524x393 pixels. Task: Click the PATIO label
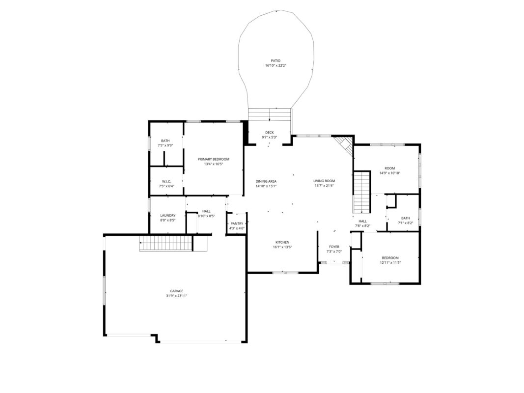click(276, 60)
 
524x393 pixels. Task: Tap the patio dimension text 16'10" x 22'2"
click(276, 65)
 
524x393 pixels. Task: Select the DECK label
click(269, 132)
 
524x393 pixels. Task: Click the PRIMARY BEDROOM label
click(214, 159)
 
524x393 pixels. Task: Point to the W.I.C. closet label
click(166, 181)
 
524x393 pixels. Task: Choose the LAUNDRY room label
click(167, 215)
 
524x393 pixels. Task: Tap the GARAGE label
click(176, 291)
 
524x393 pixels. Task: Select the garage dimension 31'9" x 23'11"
click(176, 296)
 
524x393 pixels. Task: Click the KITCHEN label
click(282, 242)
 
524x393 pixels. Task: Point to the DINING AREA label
click(266, 181)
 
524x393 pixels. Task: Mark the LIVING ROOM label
click(324, 181)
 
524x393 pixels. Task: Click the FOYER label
click(334, 247)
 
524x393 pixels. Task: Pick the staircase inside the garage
click(165, 243)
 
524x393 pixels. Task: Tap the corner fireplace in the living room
click(345, 144)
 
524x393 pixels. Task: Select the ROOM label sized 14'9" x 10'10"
click(389, 168)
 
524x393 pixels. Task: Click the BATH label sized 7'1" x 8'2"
click(405, 218)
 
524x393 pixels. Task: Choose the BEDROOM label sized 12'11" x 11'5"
click(390, 257)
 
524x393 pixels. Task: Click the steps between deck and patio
click(270, 114)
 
